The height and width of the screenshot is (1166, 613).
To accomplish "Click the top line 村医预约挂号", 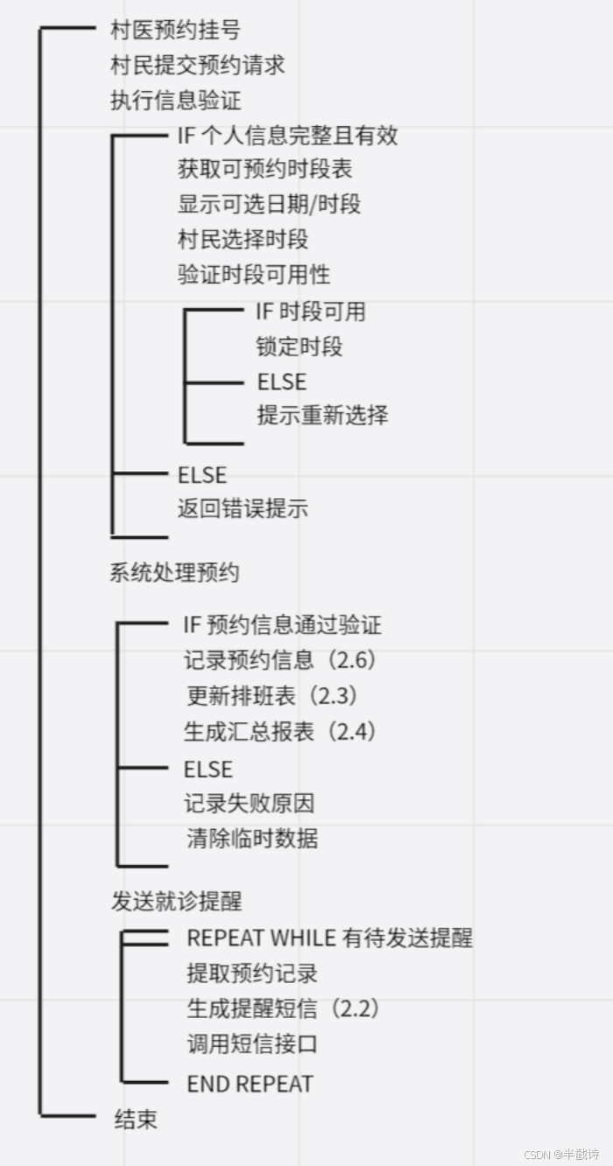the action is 175,31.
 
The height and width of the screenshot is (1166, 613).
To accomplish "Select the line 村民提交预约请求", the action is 197,65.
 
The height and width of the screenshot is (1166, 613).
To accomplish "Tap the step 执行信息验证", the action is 175,100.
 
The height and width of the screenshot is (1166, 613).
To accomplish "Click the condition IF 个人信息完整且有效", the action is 288,135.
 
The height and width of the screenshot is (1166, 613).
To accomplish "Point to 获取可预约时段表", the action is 265,169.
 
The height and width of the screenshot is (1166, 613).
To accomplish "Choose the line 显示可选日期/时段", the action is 270,204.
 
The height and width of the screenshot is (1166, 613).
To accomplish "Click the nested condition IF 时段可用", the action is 311,311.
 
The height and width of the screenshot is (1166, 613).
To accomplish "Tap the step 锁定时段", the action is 299,347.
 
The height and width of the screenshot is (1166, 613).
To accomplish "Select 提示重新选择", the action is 322,414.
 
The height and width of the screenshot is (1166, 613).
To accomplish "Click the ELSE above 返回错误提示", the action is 202,474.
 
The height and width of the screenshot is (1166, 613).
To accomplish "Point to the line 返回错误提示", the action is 243,509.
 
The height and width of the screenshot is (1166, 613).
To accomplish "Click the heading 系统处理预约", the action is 174,573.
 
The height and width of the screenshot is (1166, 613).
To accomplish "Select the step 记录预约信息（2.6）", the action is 280,660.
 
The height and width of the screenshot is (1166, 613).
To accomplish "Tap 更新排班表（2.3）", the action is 273,696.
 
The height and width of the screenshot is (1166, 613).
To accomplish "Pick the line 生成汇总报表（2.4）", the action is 280,731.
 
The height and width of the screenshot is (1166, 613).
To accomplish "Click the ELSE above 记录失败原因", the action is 208,769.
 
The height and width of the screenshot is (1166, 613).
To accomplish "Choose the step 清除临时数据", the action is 252,839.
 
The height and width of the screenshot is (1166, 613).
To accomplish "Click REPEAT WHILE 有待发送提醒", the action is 329,938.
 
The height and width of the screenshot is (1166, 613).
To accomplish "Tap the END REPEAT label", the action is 250,1083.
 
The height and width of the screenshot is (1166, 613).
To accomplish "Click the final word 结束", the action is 136,1119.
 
